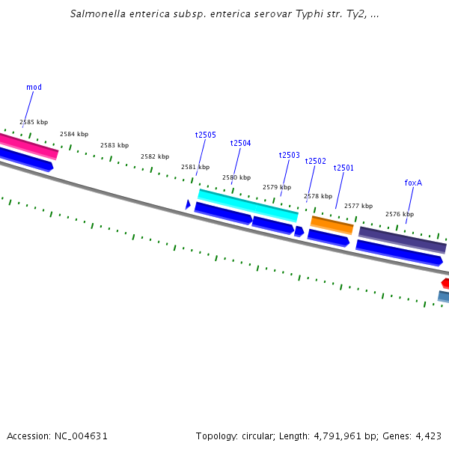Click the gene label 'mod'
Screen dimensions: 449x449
[34, 88]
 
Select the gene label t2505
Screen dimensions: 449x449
[206, 135]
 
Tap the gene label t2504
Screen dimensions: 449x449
[241, 144]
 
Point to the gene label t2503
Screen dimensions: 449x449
[290, 156]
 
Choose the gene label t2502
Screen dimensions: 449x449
[316, 162]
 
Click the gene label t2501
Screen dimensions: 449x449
[343, 168]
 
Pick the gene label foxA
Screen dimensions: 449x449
[413, 183]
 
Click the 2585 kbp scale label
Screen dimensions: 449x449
[34, 122]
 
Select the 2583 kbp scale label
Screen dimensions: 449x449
[114, 145]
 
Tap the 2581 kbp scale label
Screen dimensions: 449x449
[195, 167]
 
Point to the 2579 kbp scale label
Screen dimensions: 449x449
[277, 187]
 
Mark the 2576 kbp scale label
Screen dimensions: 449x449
[400, 214]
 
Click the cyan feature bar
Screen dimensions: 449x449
[248, 205]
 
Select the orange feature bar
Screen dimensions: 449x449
[332, 224]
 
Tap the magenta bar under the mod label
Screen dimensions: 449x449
[28, 146]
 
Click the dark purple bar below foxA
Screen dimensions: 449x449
[403, 239]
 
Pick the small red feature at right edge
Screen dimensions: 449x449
[445, 283]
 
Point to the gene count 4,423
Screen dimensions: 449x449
[428, 436]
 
